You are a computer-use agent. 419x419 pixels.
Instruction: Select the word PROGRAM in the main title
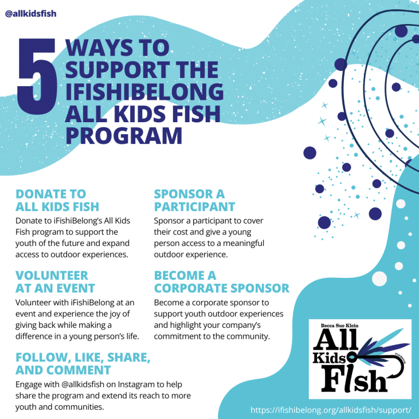tap(124, 136)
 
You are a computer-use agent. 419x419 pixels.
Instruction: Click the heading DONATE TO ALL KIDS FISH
tap(57, 200)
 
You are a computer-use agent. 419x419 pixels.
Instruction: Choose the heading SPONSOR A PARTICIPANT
tap(194, 200)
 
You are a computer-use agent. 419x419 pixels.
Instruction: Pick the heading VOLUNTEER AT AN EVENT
tap(55, 282)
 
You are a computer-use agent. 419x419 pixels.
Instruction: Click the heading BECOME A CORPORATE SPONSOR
tap(222, 282)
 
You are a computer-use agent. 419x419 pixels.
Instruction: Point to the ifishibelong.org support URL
tap(331, 409)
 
